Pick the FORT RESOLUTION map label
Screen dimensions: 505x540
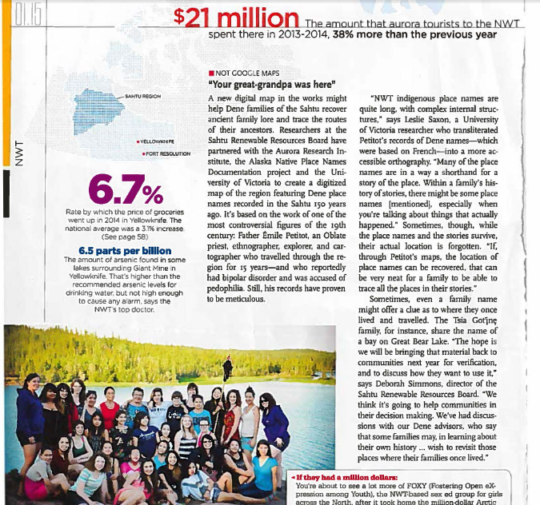168,153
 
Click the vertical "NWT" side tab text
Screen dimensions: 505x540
18,151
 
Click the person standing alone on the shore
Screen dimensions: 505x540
229,366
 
